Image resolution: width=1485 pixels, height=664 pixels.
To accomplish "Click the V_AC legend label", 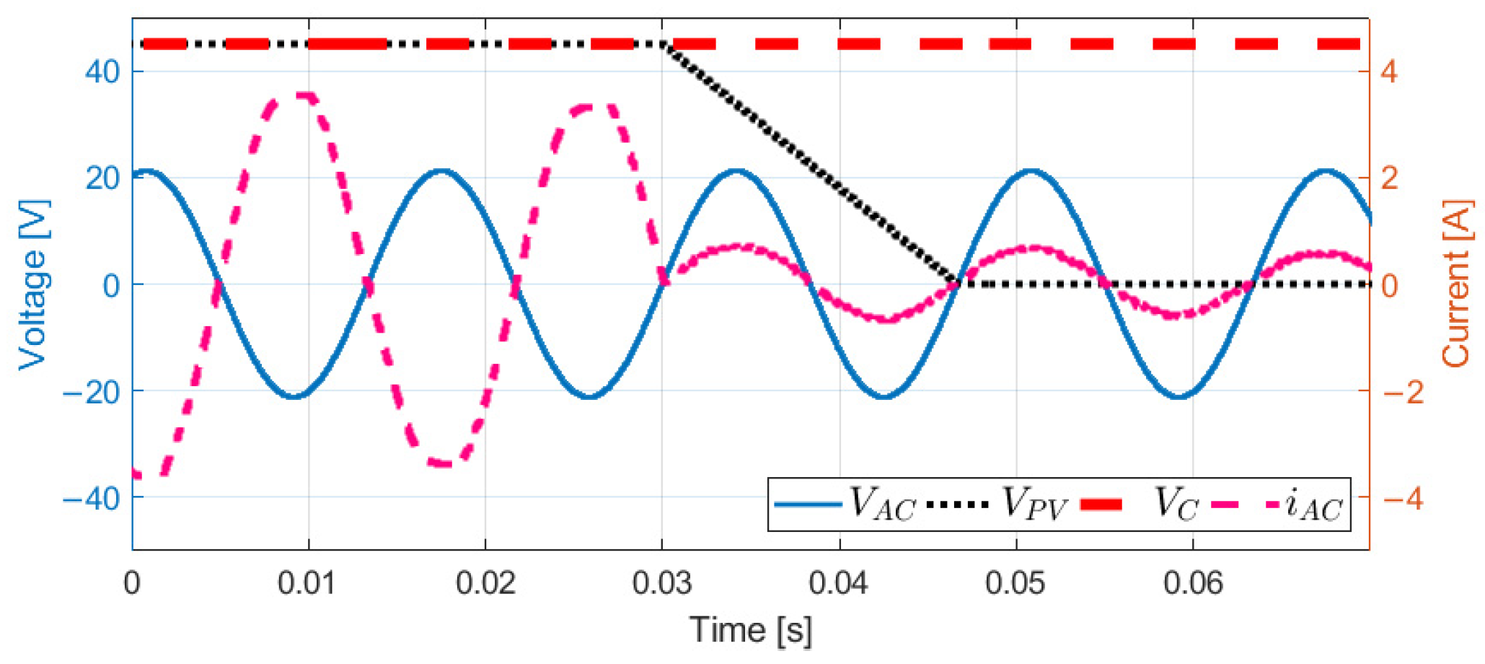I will [x=882, y=504].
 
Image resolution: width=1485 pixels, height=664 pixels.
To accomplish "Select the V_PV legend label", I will [x=1034, y=504].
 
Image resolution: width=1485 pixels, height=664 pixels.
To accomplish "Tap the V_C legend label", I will [x=1176, y=504].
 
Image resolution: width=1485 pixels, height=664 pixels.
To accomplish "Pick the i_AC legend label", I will [x=1313, y=505].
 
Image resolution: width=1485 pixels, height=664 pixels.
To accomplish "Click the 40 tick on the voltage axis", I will [x=102, y=72].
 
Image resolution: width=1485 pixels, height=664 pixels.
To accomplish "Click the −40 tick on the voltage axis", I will [x=92, y=498].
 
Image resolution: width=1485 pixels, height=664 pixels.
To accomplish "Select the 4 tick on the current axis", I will [x=1388, y=72].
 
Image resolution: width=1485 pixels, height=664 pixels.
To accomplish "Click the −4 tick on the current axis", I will [x=1402, y=498].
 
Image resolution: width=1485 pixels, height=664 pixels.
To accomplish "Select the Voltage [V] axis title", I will [x=33, y=285].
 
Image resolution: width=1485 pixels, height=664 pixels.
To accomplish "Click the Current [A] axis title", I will [x=1455, y=285].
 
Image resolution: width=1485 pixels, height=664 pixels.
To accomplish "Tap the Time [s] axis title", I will [x=750, y=630].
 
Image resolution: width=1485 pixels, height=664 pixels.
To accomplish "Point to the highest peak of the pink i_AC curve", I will [x=307, y=95].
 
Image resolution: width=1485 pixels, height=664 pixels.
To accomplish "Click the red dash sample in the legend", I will [x=1101, y=504].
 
